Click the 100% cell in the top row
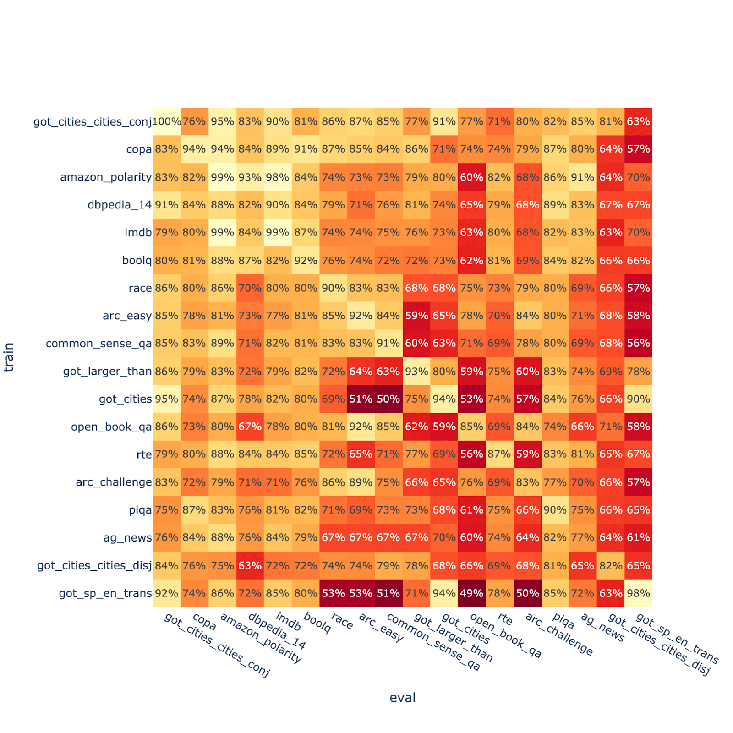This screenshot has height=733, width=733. (x=167, y=121)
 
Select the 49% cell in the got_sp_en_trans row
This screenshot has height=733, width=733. (x=472, y=593)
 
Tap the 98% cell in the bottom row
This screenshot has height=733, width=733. (x=638, y=593)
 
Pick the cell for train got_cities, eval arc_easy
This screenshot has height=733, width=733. (x=361, y=399)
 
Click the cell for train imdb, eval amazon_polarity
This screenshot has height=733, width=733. (x=222, y=232)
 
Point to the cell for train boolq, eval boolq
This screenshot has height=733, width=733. (x=306, y=260)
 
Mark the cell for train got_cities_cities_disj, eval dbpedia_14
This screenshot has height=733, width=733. (x=250, y=565)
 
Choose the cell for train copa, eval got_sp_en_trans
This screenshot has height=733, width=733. (x=638, y=149)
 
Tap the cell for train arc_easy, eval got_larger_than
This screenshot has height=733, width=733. (x=416, y=316)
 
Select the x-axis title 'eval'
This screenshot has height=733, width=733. (x=402, y=698)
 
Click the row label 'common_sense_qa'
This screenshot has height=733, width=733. (x=98, y=344)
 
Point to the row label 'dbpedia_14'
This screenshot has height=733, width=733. (x=119, y=205)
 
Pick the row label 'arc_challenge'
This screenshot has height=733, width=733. (x=114, y=482)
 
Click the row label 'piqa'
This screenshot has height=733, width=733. (x=140, y=510)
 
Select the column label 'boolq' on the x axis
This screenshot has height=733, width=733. (x=317, y=624)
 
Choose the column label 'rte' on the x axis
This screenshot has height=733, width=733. (x=505, y=619)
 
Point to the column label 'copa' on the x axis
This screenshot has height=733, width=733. (x=204, y=622)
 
